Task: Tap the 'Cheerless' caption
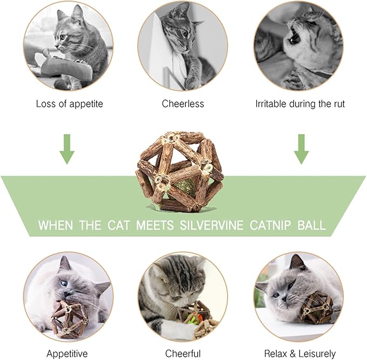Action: (183, 103)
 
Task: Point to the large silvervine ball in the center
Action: (179, 171)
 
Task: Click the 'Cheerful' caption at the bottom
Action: (183, 354)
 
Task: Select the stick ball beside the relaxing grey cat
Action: (316, 308)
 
